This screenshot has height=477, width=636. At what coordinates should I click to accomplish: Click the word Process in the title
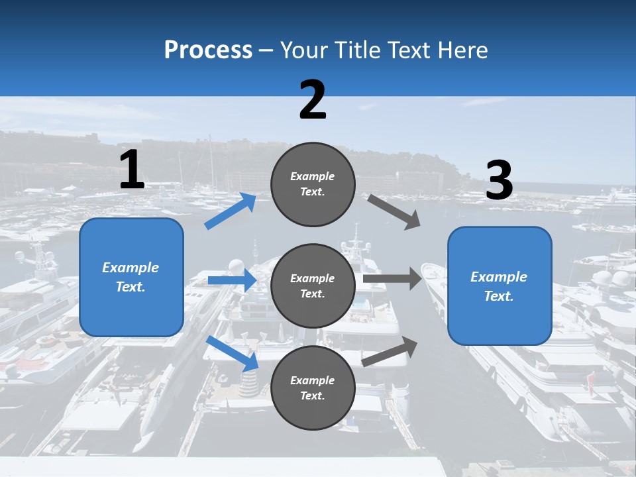(208, 50)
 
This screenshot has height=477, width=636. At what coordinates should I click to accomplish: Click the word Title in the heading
(356, 50)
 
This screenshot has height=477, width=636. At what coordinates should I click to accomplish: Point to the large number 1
(132, 170)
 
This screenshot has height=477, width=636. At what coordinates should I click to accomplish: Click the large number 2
(313, 100)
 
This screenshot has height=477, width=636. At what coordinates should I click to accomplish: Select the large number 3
(499, 181)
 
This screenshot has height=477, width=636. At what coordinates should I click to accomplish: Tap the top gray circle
(313, 184)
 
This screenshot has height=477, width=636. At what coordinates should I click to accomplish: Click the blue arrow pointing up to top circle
(231, 211)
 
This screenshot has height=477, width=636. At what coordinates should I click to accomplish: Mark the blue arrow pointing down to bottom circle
(233, 353)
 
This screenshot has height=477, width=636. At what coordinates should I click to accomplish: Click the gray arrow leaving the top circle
(394, 211)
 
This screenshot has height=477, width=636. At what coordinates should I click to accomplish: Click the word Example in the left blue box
(131, 268)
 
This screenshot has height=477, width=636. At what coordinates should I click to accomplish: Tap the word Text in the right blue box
(498, 296)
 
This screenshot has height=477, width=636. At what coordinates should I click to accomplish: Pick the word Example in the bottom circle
(313, 380)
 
